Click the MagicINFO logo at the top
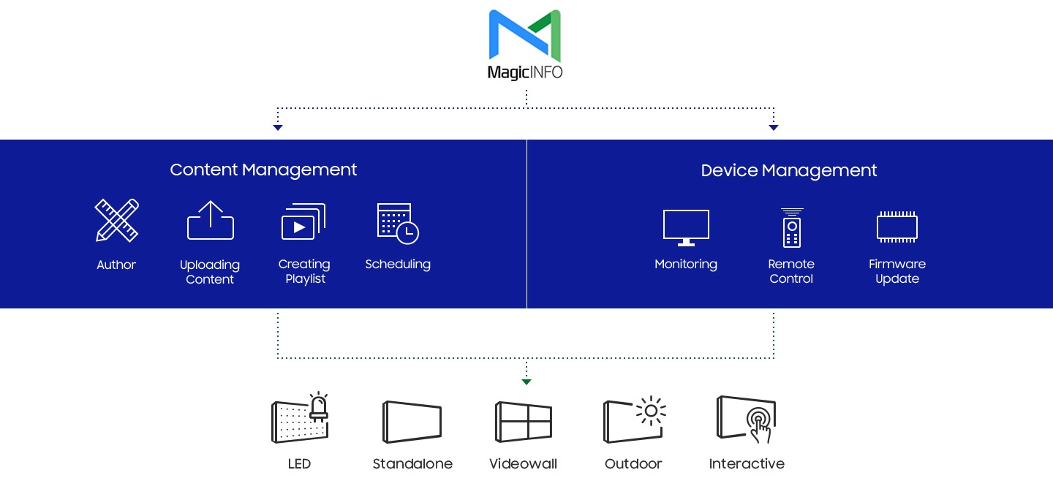point(525,44)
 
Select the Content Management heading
point(263,170)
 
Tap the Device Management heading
point(788,170)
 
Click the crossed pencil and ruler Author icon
point(116,220)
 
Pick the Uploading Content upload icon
point(210,220)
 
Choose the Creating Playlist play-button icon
point(303,221)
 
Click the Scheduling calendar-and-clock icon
point(398,223)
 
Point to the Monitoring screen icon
point(686,227)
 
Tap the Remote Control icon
point(791,227)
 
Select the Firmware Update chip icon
point(897,227)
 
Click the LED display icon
point(300,418)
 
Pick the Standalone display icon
point(412,422)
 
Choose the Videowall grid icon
point(524,422)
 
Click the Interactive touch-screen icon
point(746,419)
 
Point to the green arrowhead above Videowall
point(526,382)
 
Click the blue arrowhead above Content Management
point(277,128)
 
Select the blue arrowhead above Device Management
point(774,128)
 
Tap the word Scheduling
point(398,264)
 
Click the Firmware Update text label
point(897,271)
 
